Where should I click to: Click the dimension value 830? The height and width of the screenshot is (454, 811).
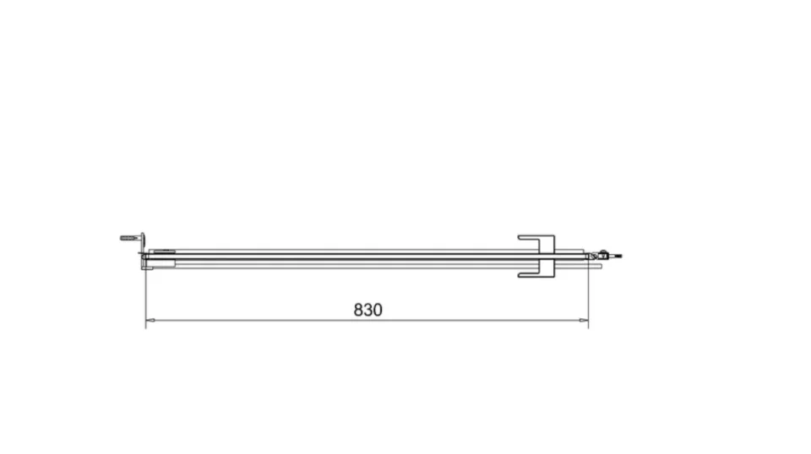point(367,310)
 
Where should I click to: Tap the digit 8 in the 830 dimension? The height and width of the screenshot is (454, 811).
point(359,310)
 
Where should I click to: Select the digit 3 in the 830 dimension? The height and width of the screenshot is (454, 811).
point(368,310)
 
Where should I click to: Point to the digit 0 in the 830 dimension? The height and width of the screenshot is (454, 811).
point(378,310)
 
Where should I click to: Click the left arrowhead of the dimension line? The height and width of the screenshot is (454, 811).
point(150,320)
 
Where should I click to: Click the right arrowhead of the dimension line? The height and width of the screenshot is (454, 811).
point(585,320)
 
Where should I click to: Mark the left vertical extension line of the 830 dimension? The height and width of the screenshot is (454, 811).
point(145,295)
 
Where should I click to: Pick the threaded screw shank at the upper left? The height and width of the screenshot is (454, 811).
point(128,238)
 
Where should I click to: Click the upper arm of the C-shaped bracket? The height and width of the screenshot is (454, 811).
point(532,237)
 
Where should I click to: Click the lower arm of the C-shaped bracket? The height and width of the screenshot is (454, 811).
point(532,274)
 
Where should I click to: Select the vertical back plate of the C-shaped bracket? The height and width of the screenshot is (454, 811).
point(547,256)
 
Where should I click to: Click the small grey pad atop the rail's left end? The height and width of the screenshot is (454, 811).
point(163,251)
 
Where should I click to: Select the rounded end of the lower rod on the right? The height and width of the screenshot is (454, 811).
point(599,266)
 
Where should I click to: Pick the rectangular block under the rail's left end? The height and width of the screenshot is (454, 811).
point(161,265)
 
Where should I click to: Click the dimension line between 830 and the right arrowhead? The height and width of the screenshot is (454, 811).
point(482,320)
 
